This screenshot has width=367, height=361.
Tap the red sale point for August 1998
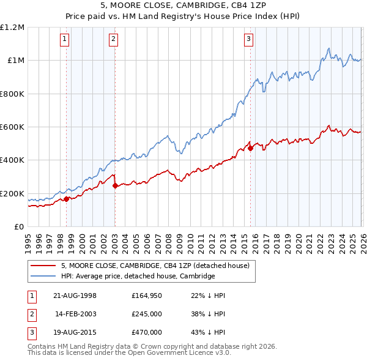coord(66,199)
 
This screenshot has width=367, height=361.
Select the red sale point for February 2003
coord(115,185)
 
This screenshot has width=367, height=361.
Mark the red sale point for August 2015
coord(250,148)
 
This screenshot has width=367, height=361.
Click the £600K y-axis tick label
coord(12,127)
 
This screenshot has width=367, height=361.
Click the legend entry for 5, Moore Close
coord(155,266)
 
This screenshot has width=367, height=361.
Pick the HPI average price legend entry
coord(138,276)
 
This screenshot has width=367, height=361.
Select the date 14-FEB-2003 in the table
coord(76,314)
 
